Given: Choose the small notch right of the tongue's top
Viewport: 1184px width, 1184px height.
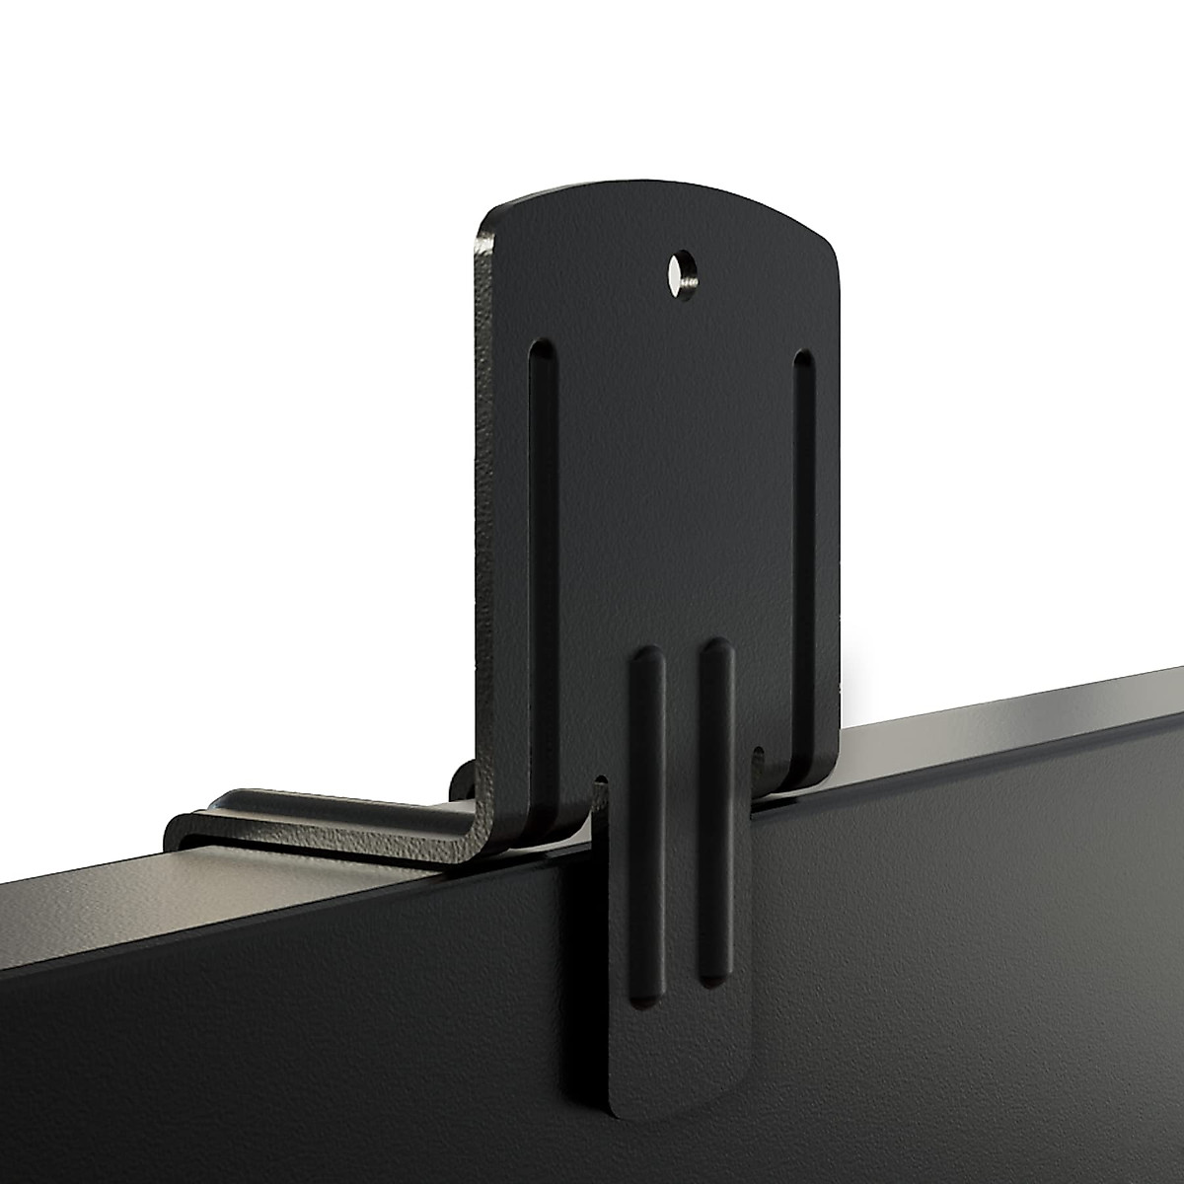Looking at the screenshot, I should [x=758, y=756].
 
